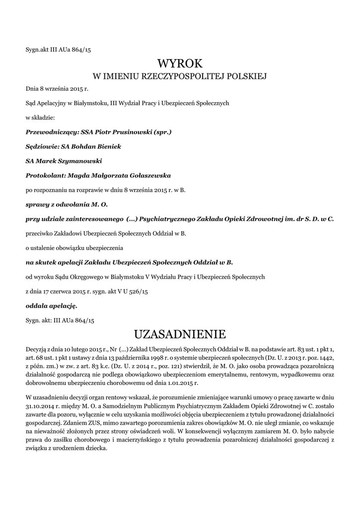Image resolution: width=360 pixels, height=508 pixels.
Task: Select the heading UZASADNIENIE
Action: coord(180,332)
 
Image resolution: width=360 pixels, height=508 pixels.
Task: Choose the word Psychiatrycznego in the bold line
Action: coord(168,218)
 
